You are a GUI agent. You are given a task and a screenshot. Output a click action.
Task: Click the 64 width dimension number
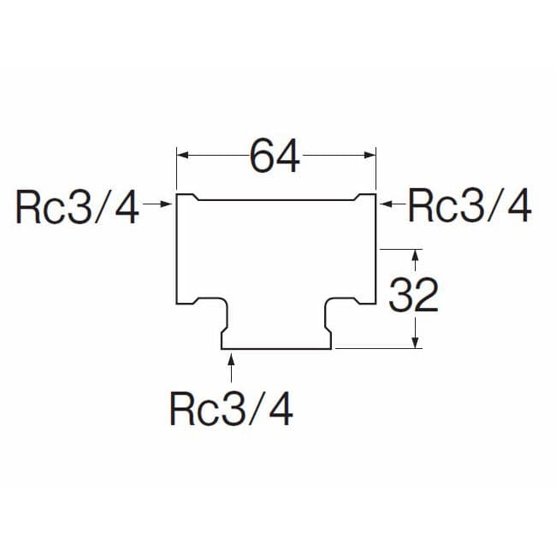point(275,157)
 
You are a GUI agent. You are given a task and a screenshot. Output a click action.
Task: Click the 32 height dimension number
point(413,296)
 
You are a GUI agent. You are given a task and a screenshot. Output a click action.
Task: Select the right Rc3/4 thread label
point(470,207)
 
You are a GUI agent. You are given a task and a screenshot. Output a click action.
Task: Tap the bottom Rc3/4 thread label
point(232,410)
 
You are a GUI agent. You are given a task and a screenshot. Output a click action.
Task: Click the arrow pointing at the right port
point(389,204)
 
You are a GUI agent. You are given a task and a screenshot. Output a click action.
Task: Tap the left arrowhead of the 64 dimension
point(182,155)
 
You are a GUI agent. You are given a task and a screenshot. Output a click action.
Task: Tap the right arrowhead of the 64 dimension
point(370,155)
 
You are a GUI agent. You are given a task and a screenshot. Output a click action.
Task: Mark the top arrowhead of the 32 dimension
point(415,255)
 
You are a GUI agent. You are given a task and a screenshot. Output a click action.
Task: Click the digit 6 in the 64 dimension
point(262,157)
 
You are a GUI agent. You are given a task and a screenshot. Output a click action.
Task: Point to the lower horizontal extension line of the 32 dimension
point(376,349)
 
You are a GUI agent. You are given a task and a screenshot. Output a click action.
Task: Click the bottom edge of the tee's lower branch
point(276,349)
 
